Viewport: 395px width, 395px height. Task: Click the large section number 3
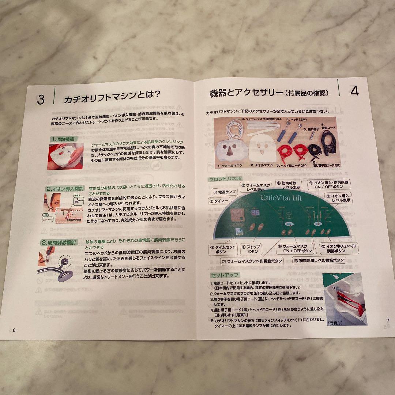40,99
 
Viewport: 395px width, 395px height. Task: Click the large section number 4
354,91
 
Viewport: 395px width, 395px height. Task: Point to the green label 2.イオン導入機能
65,189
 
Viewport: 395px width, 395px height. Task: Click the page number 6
14,330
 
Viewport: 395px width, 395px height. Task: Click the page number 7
388,320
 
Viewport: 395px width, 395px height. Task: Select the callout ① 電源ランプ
225,192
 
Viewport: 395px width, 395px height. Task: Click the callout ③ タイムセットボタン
223,249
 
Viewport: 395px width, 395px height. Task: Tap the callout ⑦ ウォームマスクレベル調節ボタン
252,261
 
